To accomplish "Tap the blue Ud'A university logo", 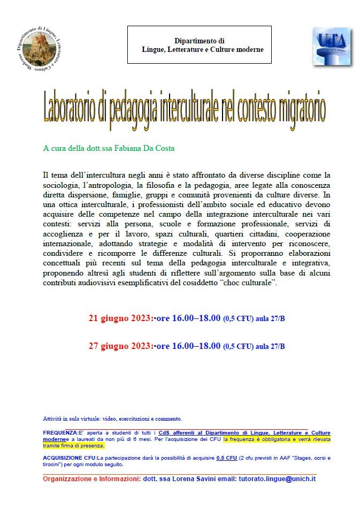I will pyautogui.click(x=331, y=47).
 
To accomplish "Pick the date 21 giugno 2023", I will pyautogui.click(x=120, y=318).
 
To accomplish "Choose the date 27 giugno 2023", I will pyautogui.click(x=120, y=346).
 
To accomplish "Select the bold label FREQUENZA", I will pyautogui.click(x=60, y=432).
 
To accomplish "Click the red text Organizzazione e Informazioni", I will pyautogui.click(x=91, y=478).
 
